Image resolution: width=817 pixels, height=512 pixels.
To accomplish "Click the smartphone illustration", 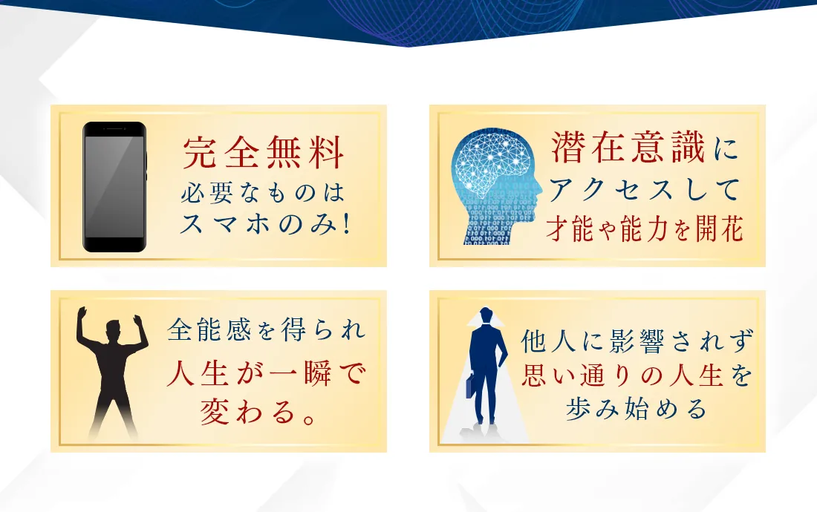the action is click(x=114, y=187).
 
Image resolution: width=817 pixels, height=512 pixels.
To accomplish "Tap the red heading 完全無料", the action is click(x=263, y=152).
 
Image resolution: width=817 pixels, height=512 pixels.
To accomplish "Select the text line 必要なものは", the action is click(x=263, y=192).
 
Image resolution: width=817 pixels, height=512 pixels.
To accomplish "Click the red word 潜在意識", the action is click(x=628, y=147).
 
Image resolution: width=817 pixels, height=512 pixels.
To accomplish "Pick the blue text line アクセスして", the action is click(x=645, y=189).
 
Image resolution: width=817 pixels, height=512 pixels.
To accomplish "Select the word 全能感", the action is click(x=209, y=329).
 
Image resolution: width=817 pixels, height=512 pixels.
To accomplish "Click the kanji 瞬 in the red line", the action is click(x=318, y=372).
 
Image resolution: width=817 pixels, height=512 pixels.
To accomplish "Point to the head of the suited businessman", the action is click(x=486, y=315).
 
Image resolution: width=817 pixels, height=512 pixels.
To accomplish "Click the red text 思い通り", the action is click(x=579, y=375).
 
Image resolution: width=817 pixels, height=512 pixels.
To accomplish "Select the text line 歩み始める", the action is click(x=637, y=409).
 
